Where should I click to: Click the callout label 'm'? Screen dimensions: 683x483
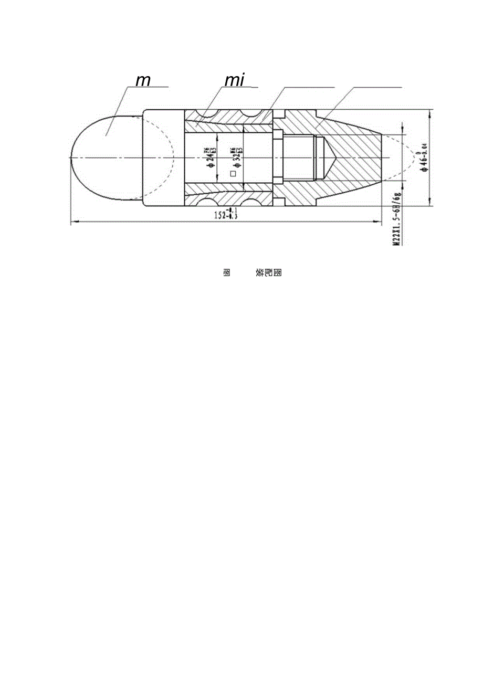click(x=143, y=81)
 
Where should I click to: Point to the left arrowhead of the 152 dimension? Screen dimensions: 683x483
click(x=73, y=222)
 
